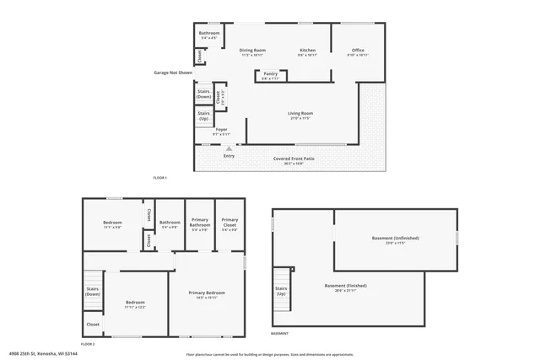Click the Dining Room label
tap(252, 51)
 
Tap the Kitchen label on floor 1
tap(308, 51)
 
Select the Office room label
tap(359, 51)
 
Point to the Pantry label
tap(271, 74)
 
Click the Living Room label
tap(300, 113)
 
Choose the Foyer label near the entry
tap(220, 130)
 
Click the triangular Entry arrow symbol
tap(228, 148)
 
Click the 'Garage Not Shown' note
tap(173, 73)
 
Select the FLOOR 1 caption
tap(160, 178)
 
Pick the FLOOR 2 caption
tap(89, 344)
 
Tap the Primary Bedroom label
tap(207, 293)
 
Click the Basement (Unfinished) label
tap(395, 238)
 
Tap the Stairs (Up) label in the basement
tap(281, 291)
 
